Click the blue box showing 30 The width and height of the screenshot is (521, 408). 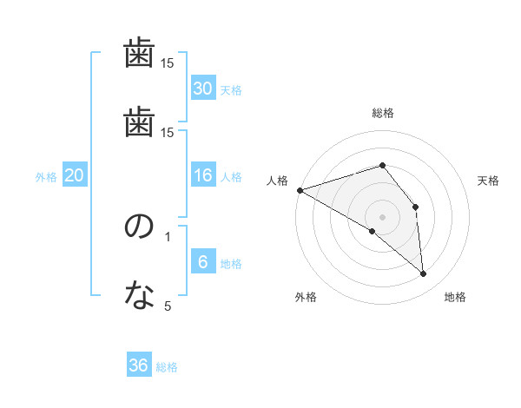202,88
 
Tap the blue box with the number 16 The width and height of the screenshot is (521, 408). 202,176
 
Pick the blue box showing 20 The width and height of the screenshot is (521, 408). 74,176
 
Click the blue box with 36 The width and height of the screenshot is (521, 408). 139,365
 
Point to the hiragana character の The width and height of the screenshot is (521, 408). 139,227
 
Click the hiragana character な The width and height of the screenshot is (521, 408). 139,297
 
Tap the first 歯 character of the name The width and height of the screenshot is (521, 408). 139,55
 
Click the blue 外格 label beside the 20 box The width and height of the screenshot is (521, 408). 46,177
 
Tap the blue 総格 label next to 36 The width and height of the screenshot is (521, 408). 167,367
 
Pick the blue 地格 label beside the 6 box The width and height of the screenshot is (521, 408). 231,264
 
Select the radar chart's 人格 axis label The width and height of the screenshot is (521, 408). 278,181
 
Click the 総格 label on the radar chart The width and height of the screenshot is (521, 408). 383,113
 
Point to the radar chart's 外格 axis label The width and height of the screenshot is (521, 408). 306,297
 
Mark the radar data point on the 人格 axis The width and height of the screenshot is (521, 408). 300,190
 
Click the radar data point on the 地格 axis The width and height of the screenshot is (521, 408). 424,273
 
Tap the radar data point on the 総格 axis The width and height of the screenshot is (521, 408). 383,165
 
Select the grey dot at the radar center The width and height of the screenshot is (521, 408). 383,216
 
